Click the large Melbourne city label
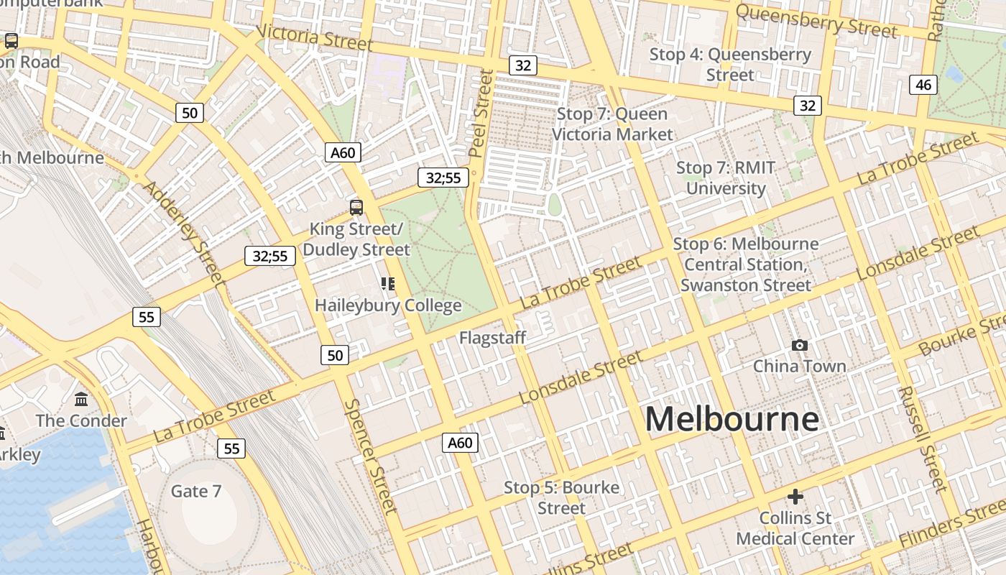click(x=732, y=419)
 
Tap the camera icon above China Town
click(x=799, y=346)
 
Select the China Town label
click(x=799, y=367)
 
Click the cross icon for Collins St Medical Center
click(x=795, y=497)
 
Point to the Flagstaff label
click(x=493, y=338)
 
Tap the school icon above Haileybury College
click(x=388, y=284)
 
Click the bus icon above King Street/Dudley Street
click(x=356, y=208)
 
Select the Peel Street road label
click(x=479, y=114)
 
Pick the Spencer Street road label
click(x=370, y=456)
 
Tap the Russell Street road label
click(x=922, y=438)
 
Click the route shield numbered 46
click(x=923, y=85)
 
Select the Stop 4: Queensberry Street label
click(x=730, y=65)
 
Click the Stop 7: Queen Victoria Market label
click(x=612, y=124)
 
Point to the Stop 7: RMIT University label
click(x=726, y=178)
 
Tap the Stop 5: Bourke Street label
click(x=561, y=497)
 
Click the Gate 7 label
click(x=195, y=492)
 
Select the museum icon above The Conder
click(x=81, y=399)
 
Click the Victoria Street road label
click(x=314, y=37)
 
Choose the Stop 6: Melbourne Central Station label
click(x=746, y=264)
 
